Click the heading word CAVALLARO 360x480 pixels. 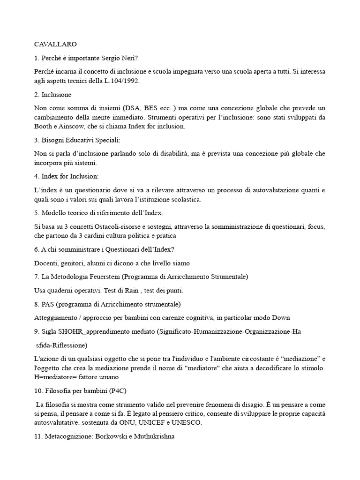pyautogui.click(x=55, y=44)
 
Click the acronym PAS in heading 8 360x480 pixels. pyautogui.click(x=51, y=304)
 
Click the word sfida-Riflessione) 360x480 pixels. pyautogui.click(x=62, y=345)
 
